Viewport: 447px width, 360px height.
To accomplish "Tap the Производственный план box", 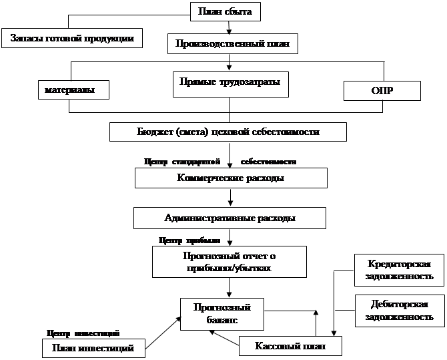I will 232,44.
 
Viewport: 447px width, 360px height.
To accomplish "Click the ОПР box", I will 382,90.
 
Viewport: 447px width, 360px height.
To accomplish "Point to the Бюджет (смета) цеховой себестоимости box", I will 228,132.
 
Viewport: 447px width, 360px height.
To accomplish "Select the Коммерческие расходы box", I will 231,178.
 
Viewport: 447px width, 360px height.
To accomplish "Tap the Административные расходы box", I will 230,218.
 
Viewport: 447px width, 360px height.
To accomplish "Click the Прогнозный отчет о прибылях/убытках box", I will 229,261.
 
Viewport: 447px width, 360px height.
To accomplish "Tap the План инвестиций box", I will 93,348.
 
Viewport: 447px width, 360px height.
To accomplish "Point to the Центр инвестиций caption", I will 83,332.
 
